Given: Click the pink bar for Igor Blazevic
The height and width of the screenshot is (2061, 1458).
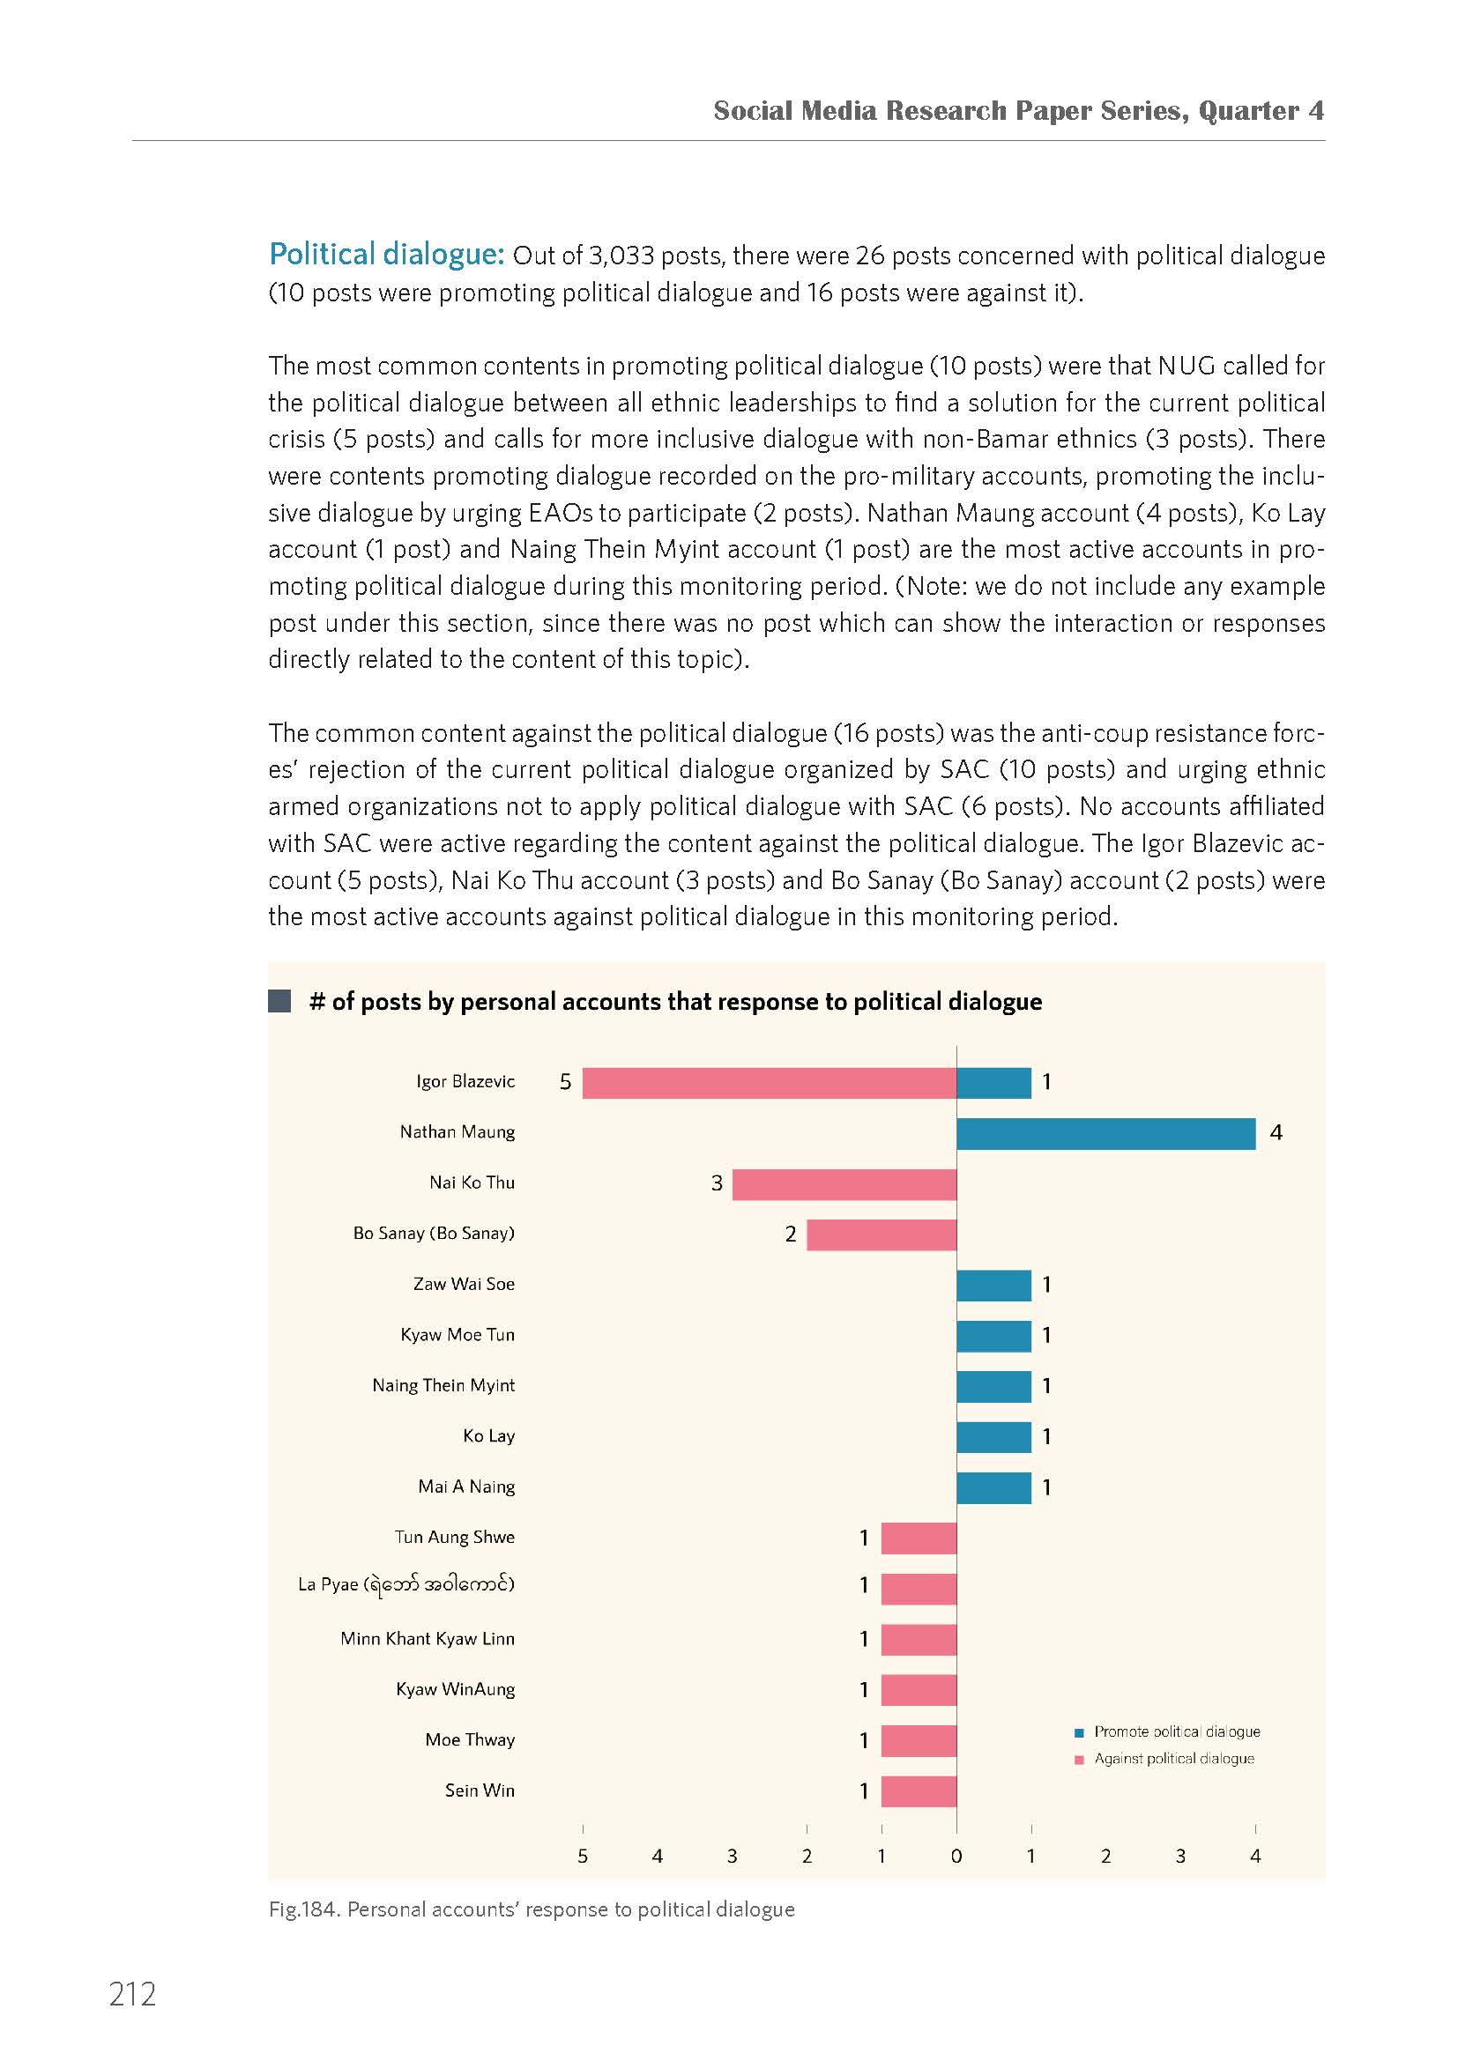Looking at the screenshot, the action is coord(770,1083).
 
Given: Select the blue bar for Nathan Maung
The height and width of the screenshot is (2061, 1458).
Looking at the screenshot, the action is coord(1106,1134).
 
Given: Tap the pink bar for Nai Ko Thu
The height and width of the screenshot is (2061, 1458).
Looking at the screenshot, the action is coord(844,1184).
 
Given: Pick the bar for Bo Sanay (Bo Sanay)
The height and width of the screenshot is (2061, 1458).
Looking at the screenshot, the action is coord(881,1234).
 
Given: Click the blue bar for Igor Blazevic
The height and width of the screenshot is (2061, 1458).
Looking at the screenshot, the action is coord(993,1083).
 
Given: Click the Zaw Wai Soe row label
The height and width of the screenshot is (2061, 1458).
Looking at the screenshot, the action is coord(465,1285).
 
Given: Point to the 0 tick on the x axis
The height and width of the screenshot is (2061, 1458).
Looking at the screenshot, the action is coord(957,1857).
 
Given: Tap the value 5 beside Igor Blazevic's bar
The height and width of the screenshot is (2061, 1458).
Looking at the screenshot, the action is coord(566,1083).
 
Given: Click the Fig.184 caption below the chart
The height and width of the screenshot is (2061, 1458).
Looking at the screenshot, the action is coord(532,1909).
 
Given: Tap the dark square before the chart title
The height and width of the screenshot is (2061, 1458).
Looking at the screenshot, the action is coord(279,1001).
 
